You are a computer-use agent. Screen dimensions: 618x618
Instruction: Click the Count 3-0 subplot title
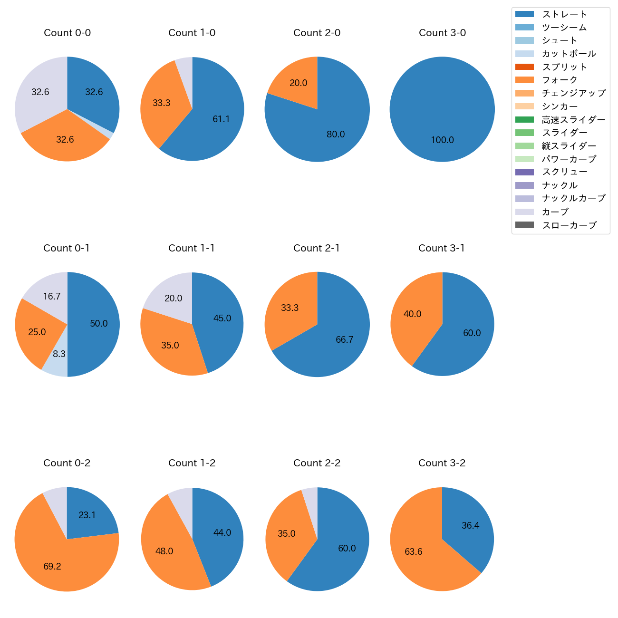[x=442, y=33]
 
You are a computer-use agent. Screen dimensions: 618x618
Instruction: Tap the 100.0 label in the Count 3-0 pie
[x=442, y=140]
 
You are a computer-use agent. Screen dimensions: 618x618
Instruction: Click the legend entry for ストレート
[x=564, y=14]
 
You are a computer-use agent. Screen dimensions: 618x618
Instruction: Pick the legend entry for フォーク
[x=560, y=80]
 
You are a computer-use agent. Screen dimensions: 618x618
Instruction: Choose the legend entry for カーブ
[x=555, y=212]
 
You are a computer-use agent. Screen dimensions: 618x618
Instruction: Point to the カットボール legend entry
[x=569, y=54]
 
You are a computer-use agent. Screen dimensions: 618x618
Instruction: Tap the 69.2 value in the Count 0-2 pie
[x=52, y=567]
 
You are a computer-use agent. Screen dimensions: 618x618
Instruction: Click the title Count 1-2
[x=192, y=463]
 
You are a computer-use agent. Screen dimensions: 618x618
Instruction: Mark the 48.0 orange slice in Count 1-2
[x=164, y=551]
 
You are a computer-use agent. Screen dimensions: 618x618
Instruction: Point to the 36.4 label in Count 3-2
[x=470, y=526]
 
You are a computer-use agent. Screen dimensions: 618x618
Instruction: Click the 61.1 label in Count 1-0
[x=221, y=119]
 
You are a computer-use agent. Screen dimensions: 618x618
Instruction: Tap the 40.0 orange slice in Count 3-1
[x=413, y=314]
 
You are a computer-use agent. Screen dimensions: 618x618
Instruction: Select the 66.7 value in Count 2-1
[x=344, y=340]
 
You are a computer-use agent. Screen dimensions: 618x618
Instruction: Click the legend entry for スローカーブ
[x=569, y=225]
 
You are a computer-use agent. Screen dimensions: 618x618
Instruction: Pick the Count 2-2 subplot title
[x=317, y=463]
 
